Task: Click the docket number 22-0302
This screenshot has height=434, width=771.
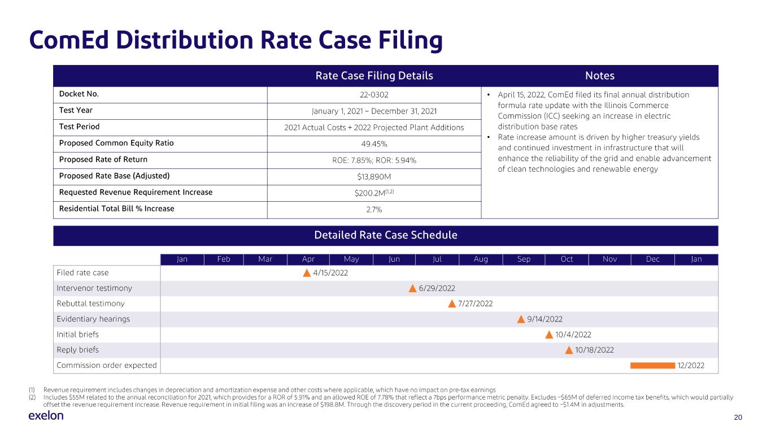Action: (x=374, y=95)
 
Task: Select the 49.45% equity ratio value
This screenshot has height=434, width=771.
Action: (x=374, y=144)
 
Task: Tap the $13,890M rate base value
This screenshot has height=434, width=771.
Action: (x=374, y=177)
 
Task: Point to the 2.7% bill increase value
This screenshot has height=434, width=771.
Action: (x=374, y=210)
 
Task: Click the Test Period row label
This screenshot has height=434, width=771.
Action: (x=79, y=127)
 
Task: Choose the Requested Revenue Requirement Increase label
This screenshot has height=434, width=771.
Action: (x=136, y=192)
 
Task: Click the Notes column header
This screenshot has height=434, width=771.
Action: (x=600, y=76)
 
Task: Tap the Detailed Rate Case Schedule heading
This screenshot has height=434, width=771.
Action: (x=385, y=235)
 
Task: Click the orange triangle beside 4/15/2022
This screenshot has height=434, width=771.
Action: (x=307, y=273)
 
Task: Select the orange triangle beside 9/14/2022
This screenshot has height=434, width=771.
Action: (x=521, y=319)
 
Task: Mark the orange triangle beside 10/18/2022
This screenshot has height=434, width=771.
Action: (x=569, y=350)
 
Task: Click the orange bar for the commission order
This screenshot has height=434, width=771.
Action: (x=652, y=366)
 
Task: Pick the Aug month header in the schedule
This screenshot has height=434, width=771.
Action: (x=481, y=259)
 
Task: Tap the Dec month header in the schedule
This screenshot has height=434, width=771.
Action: (x=652, y=259)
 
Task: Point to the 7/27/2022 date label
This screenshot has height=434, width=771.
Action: (x=476, y=303)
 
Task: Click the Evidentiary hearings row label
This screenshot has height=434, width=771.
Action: (x=93, y=319)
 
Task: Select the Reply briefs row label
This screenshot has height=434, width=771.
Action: (x=77, y=350)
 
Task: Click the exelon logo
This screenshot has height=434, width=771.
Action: (x=46, y=415)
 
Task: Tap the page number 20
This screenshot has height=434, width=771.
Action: (x=738, y=417)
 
